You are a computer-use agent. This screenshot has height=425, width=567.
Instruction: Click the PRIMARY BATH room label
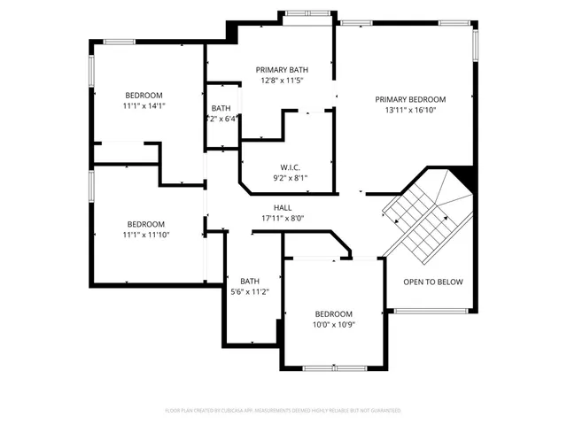[283, 70]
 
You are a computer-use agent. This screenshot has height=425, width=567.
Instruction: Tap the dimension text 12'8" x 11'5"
[283, 81]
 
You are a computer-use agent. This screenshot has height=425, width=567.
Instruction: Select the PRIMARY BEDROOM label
[409, 100]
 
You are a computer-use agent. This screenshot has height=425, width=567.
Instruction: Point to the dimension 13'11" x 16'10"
[409, 111]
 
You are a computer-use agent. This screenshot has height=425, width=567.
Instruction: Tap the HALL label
[283, 207]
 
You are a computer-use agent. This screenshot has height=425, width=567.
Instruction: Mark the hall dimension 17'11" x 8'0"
[283, 218]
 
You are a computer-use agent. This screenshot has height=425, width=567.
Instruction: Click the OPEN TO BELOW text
[433, 282]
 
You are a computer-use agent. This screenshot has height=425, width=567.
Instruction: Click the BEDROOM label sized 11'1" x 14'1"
[144, 95]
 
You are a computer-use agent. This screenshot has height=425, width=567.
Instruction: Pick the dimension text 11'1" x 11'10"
[146, 235]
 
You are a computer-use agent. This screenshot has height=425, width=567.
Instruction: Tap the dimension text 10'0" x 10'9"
[334, 325]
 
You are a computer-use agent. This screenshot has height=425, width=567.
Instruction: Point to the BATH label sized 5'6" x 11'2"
[249, 281]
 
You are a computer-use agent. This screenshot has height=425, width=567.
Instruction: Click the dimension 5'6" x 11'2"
[249, 291]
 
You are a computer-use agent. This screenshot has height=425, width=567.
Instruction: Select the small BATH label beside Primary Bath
[221, 109]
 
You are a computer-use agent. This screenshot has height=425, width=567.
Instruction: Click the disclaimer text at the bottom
[283, 411]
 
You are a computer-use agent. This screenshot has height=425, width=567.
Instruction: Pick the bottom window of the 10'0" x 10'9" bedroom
[334, 367]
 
